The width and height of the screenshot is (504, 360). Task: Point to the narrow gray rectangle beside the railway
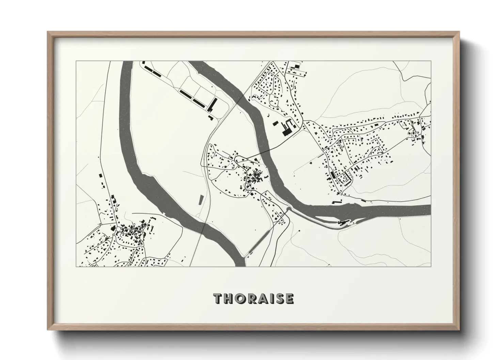coord(201,200)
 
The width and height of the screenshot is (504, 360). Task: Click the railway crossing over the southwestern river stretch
coord(204,226)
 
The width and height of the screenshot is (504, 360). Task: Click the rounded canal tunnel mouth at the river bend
coord(289,209)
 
